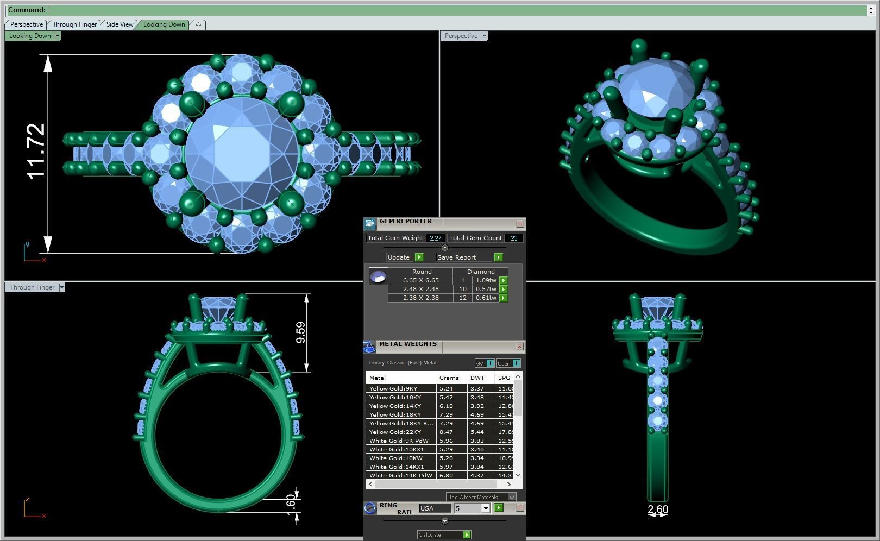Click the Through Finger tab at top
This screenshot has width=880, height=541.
[x=74, y=24]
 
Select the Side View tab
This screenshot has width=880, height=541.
[x=120, y=24]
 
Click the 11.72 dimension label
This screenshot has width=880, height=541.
[x=36, y=151]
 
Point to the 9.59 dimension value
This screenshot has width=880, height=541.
[x=300, y=332]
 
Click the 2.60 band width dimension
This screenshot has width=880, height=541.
[x=657, y=509]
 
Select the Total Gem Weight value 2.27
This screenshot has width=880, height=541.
[x=435, y=238]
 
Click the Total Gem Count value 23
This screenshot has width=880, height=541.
[x=513, y=238]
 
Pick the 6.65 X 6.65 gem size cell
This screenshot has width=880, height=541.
[x=420, y=280]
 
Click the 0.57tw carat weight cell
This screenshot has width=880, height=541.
[x=485, y=289]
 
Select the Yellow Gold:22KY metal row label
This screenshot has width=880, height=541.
[x=395, y=432]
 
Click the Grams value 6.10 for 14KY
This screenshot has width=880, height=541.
[x=446, y=406]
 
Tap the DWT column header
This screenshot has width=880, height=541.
[x=477, y=378]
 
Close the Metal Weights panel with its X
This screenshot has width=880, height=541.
[x=519, y=346]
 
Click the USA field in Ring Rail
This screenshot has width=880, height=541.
[x=434, y=508]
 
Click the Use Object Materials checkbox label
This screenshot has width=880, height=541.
[x=472, y=497]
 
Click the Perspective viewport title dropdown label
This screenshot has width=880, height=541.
[x=461, y=36]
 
